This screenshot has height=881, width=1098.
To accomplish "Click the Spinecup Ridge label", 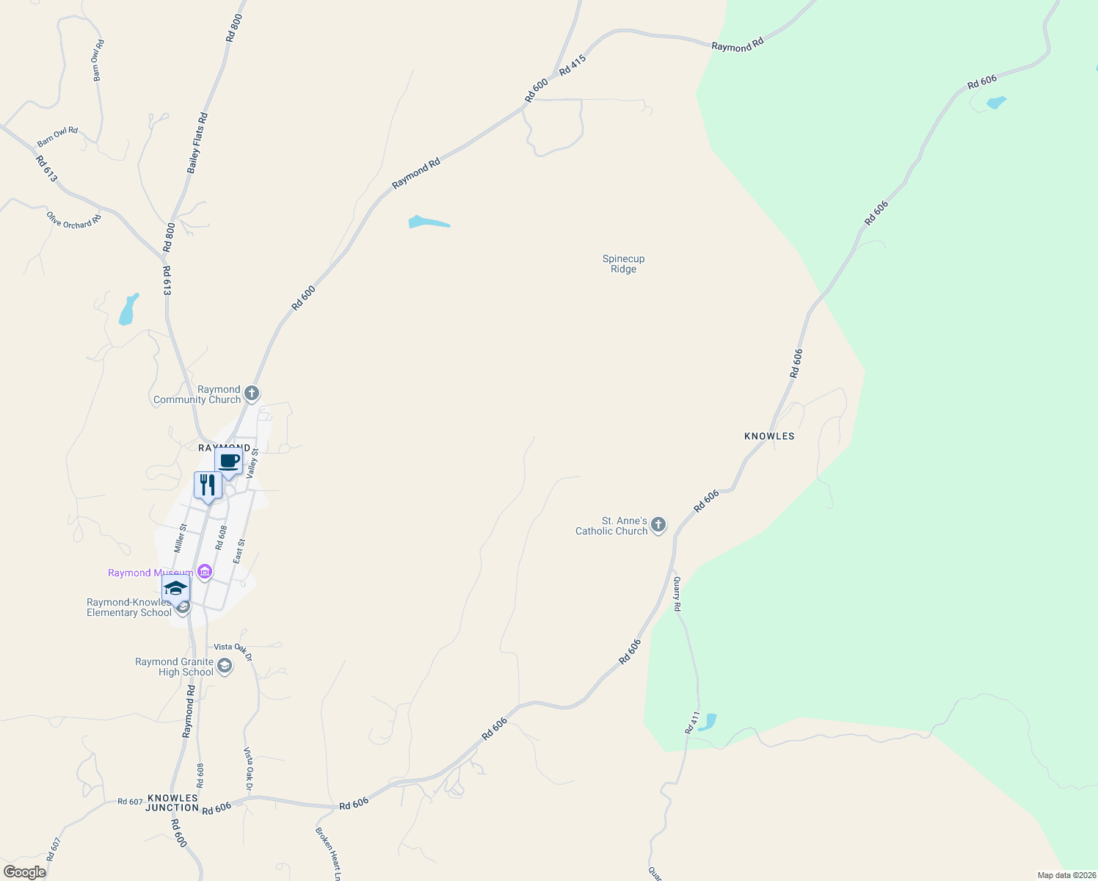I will (623, 264).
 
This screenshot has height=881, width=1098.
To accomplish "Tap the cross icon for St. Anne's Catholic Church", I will (658, 524).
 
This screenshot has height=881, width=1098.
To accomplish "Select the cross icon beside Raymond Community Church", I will (251, 394).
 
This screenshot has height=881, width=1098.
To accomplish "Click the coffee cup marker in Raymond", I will (228, 462).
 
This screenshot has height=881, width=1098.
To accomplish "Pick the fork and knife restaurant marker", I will (208, 485).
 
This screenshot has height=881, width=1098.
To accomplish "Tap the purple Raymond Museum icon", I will (205, 572).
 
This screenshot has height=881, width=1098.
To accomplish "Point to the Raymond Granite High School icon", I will (225, 667).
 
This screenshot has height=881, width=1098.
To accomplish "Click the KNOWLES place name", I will (769, 436).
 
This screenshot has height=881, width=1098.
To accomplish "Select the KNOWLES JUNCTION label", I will (172, 802).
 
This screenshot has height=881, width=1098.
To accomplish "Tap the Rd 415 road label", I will (572, 65).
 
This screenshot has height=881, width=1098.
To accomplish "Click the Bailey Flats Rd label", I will (197, 143).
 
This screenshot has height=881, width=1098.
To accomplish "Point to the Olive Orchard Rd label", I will (73, 220).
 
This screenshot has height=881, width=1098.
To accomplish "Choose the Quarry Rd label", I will (677, 594).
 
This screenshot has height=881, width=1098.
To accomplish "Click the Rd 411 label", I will (691, 722).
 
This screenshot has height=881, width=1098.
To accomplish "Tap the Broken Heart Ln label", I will (328, 854).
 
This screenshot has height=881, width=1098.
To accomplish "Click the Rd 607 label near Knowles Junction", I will (130, 802).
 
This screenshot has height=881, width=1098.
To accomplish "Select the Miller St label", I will (181, 538).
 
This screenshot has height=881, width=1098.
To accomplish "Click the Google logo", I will (24, 872).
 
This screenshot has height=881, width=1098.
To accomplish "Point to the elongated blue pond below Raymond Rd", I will (427, 222).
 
